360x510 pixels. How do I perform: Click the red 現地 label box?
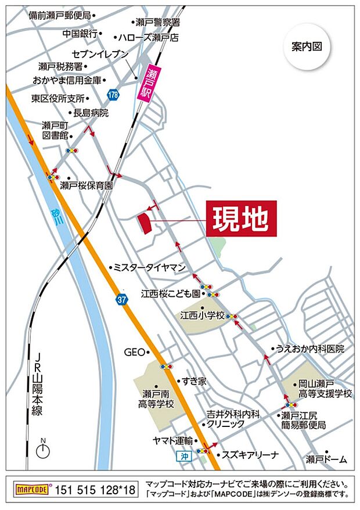click(241, 218)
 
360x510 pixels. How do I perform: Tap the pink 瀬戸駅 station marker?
click(144, 84)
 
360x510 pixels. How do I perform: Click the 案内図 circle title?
click(307, 47)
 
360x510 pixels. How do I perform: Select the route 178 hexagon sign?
click(113, 94)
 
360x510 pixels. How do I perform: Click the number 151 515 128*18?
click(95, 490)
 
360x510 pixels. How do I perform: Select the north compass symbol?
click(42, 450)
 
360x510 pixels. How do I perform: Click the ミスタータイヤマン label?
click(149, 267)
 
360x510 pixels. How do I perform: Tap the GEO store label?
click(133, 352)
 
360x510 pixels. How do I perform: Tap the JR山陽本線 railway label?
click(38, 383)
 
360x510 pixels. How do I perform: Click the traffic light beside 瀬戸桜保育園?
click(53, 177)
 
